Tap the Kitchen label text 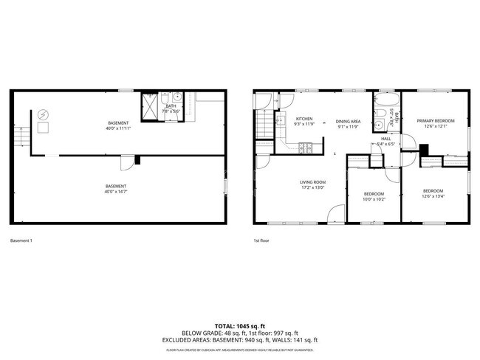[x=304, y=119]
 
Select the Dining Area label [x=347, y=121]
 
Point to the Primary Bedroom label [x=435, y=120]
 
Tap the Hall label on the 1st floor [x=385, y=138]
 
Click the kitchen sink [x=281, y=121]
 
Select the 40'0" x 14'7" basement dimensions [x=115, y=192]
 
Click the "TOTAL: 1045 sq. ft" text [x=240, y=325]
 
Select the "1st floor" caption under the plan [x=261, y=240]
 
